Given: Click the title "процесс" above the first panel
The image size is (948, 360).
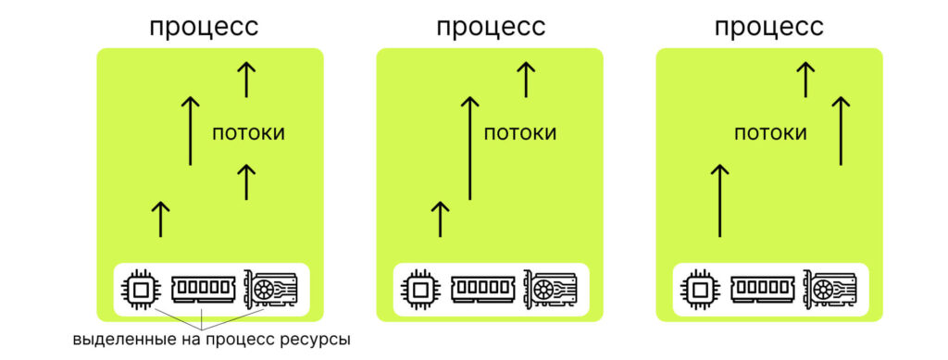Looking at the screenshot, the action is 204,27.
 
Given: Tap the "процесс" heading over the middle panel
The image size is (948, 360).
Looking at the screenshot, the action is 491,27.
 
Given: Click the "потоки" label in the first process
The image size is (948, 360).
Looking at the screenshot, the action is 248,133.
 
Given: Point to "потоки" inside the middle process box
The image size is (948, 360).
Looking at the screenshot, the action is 520,133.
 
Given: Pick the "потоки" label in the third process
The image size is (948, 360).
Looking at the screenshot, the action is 770,133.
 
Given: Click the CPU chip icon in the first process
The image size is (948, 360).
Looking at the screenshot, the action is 142,290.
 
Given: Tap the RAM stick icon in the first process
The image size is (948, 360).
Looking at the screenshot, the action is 204,290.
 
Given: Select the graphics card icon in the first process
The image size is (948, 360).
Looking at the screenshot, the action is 273,290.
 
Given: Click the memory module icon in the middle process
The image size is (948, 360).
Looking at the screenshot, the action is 484,290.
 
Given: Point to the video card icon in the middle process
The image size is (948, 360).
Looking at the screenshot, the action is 554,290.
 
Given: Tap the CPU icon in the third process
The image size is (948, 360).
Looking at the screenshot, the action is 702,290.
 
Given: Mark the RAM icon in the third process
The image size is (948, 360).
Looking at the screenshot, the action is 764,290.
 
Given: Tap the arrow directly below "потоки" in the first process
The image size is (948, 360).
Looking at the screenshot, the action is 246,181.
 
